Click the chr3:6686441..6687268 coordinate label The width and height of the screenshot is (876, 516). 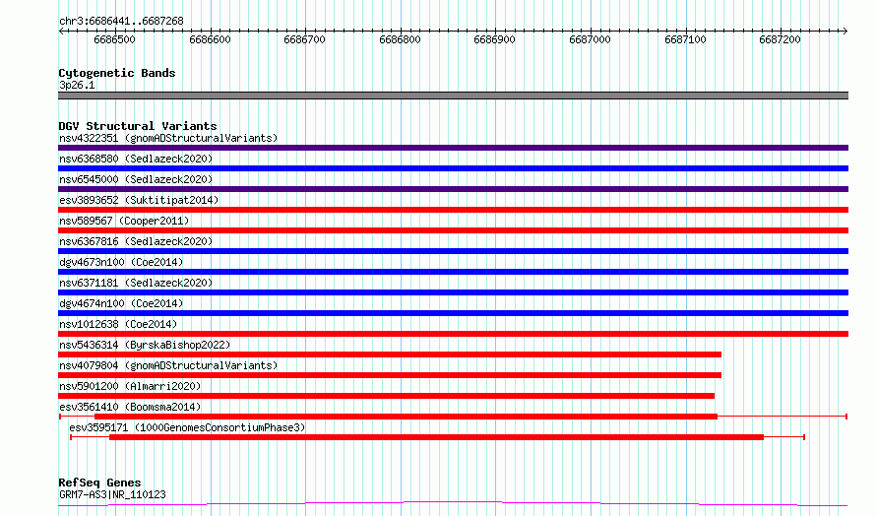[121, 22]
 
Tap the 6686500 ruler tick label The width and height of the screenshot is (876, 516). [114, 39]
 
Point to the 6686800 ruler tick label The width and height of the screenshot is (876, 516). [400, 39]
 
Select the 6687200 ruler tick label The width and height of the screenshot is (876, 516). [780, 39]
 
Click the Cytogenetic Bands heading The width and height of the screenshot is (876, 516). [117, 73]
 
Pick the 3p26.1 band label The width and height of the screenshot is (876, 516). [77, 85]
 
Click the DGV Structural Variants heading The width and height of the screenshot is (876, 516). [138, 126]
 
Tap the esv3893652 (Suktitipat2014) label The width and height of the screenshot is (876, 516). [139, 200]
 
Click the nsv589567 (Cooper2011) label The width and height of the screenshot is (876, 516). [124, 221]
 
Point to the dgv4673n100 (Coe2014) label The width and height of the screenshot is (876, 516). [121, 262]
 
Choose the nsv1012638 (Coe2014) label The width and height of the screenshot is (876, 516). [118, 324]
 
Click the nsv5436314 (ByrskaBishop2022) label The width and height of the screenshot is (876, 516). [145, 345]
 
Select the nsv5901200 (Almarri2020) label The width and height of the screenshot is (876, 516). [130, 386]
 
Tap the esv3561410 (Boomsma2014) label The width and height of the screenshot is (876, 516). [130, 407]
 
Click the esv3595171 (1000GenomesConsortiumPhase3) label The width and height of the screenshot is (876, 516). [188, 427]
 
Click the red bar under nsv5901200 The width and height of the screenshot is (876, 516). [387, 396]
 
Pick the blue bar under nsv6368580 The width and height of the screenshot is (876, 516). [453, 168]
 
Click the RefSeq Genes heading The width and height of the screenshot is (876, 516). [100, 483]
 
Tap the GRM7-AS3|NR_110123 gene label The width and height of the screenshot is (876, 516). [112, 494]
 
